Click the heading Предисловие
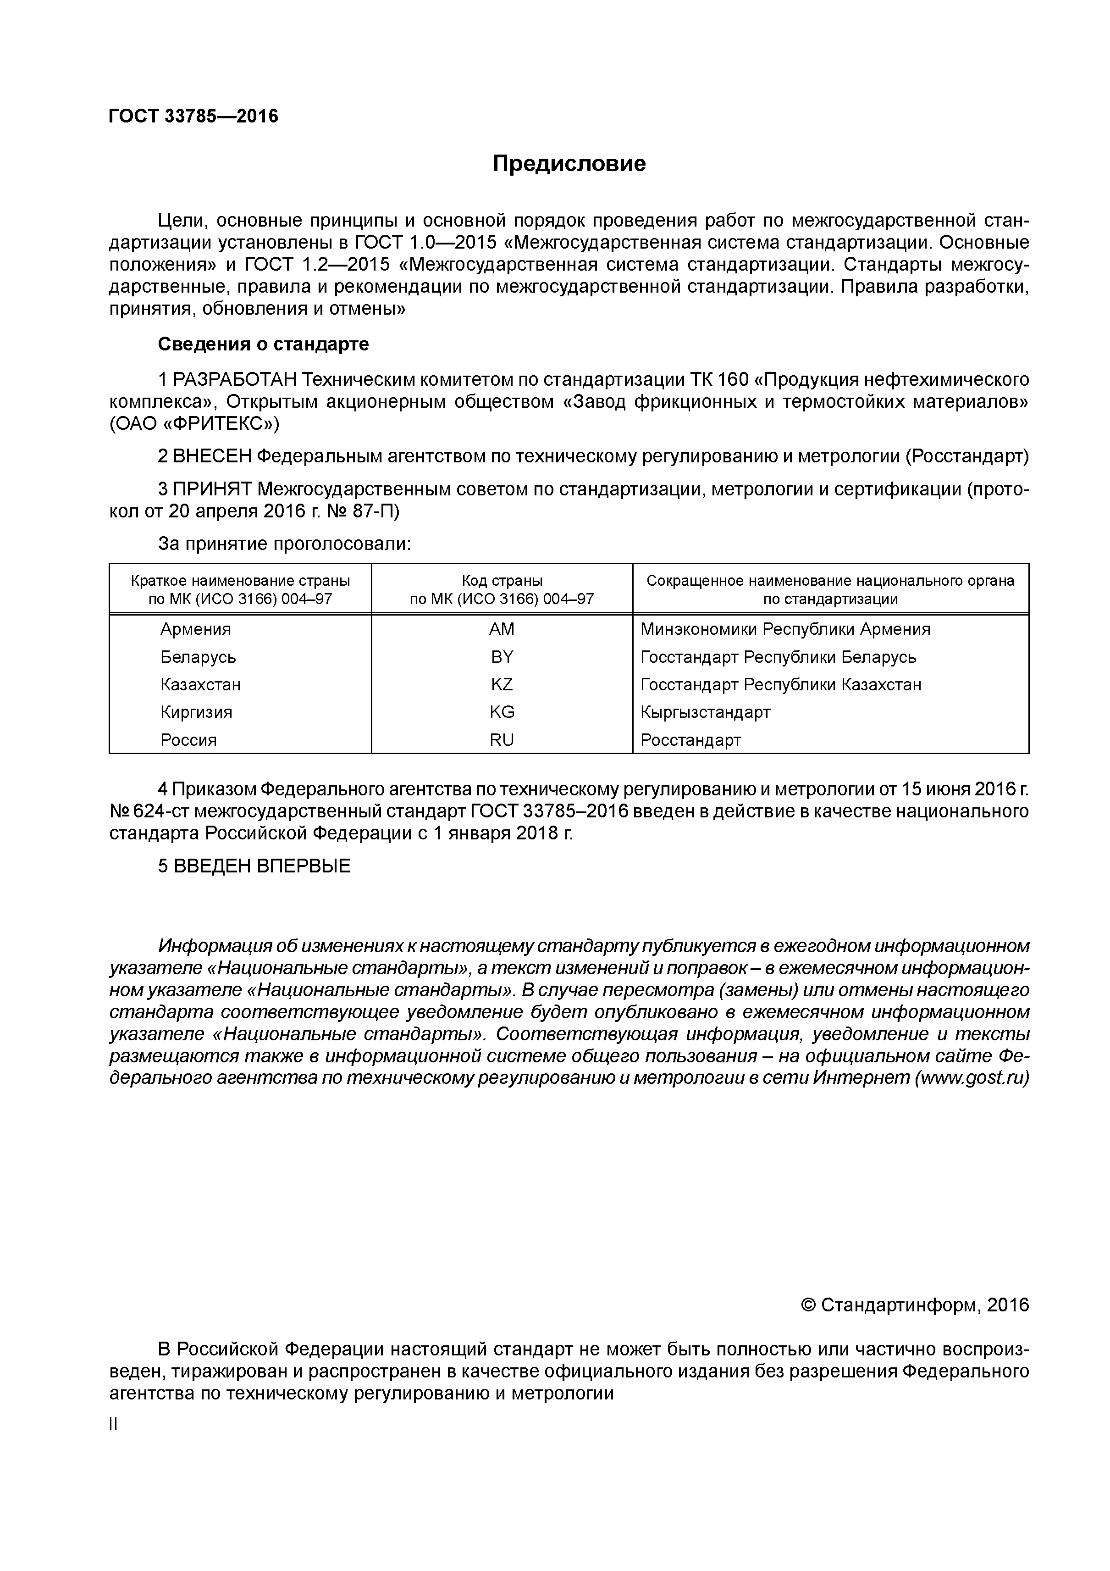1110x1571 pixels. [x=569, y=164]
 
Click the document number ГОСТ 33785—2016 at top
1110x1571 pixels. [x=193, y=117]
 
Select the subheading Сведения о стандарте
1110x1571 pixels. [x=263, y=344]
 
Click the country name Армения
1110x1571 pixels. [x=196, y=629]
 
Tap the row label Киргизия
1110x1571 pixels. [x=196, y=712]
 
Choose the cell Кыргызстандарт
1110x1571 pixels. [x=705, y=712]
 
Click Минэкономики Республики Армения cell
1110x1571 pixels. [x=785, y=629]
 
